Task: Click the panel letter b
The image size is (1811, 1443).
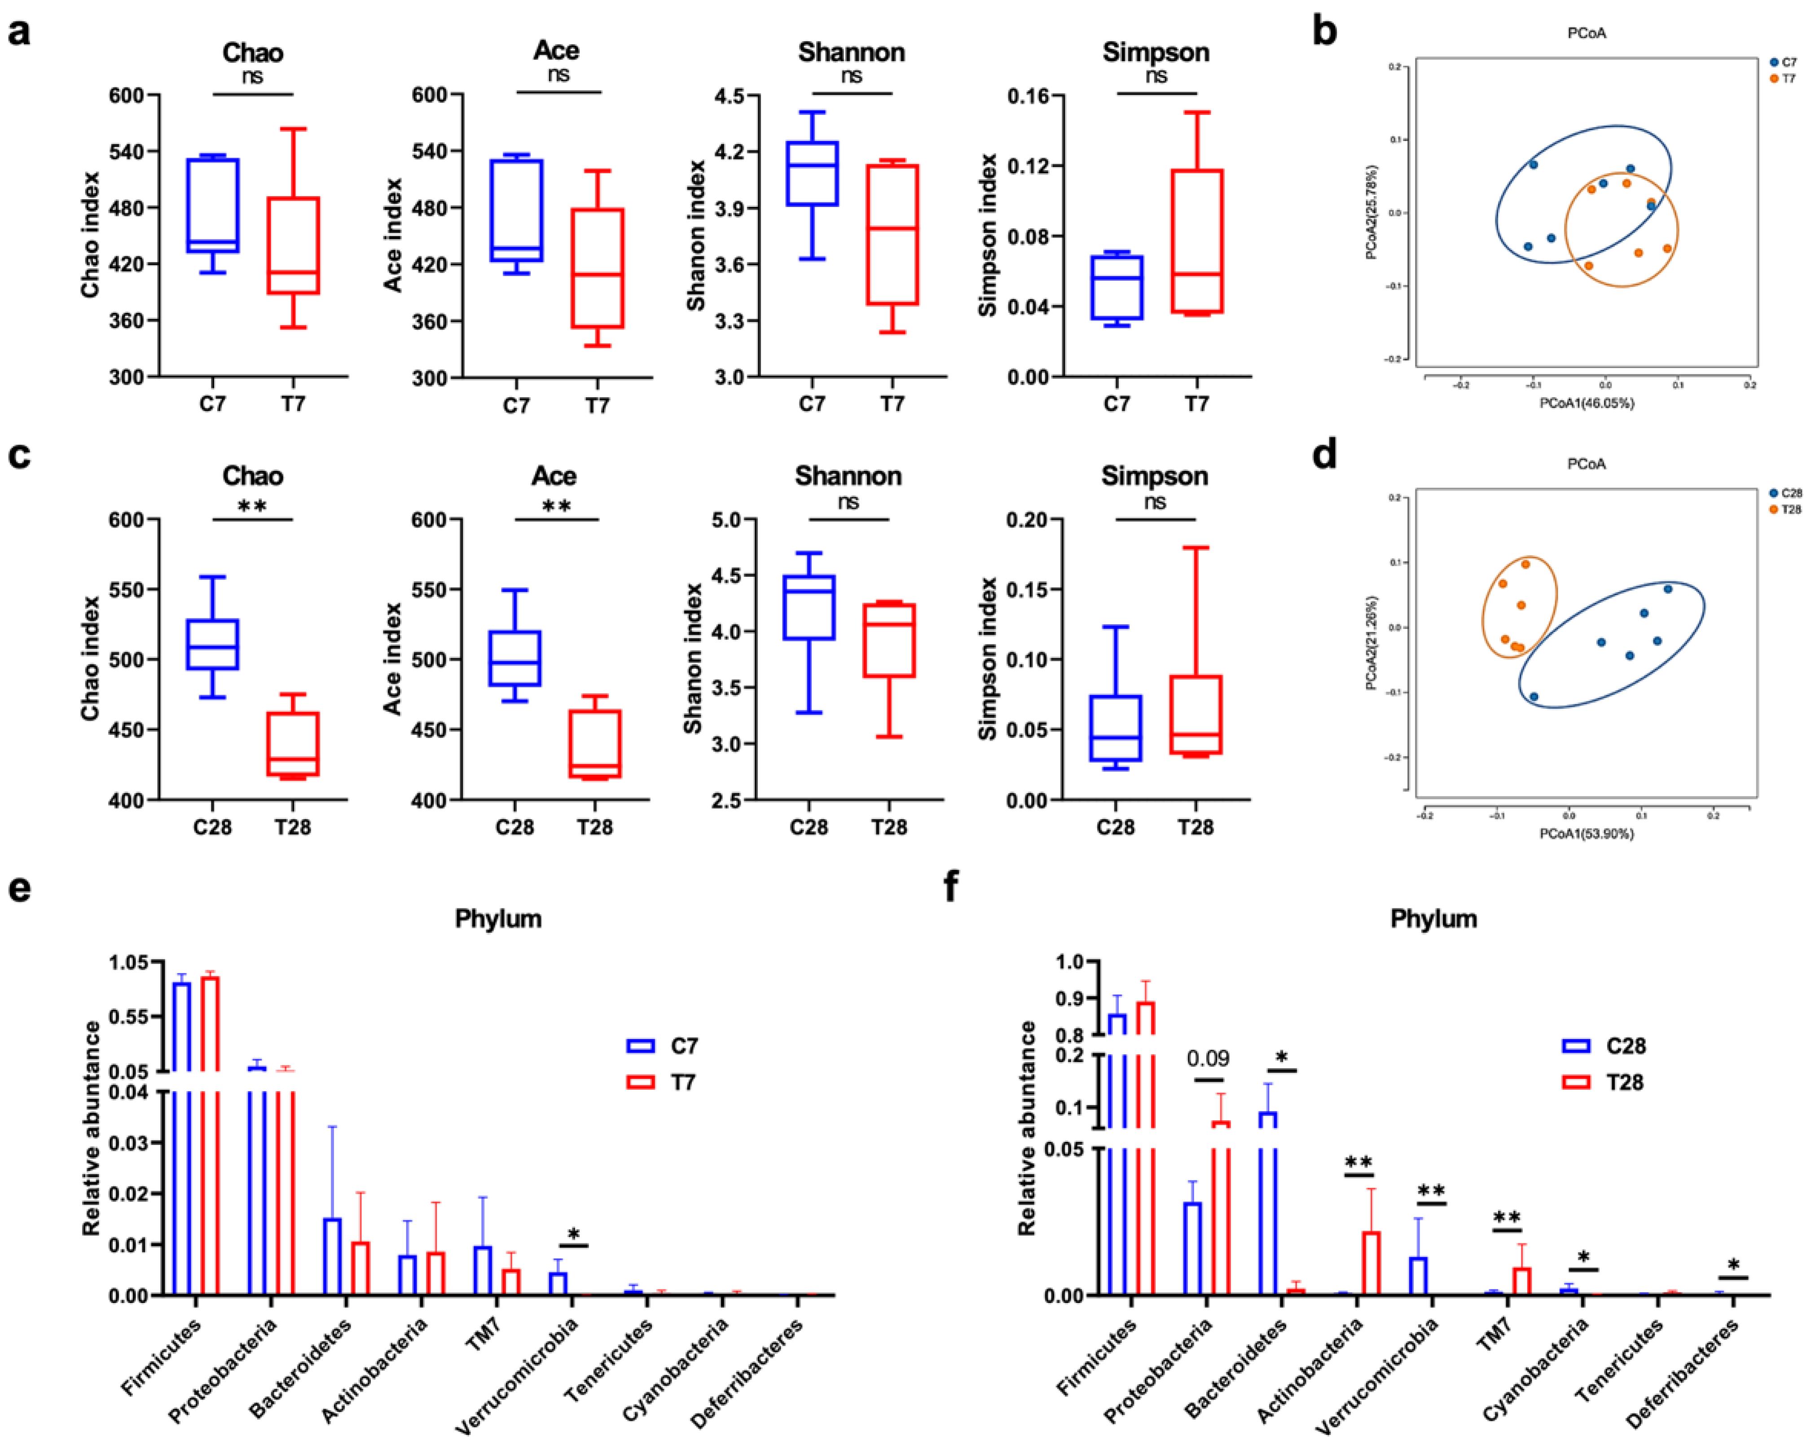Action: point(1325,32)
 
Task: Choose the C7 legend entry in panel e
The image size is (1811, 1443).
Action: point(664,1046)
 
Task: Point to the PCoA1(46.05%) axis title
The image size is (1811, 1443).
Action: point(1586,403)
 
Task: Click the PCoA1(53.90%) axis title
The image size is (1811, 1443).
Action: point(1586,834)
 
